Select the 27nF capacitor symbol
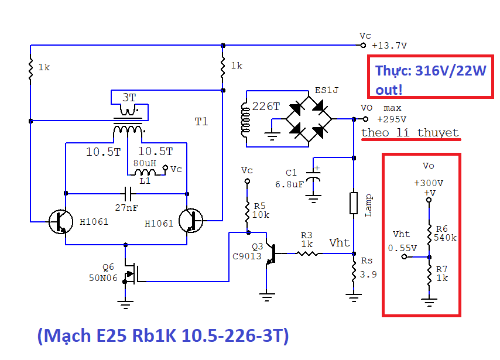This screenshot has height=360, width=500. click(126, 193)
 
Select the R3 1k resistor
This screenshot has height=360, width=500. click(308, 253)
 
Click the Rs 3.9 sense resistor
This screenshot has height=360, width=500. click(354, 273)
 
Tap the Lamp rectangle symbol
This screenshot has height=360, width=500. click(354, 203)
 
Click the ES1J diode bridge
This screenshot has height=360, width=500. click(308, 119)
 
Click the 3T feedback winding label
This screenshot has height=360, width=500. click(128, 97)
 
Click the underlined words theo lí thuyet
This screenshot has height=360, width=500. click(410, 132)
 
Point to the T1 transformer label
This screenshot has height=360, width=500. click(201, 122)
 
